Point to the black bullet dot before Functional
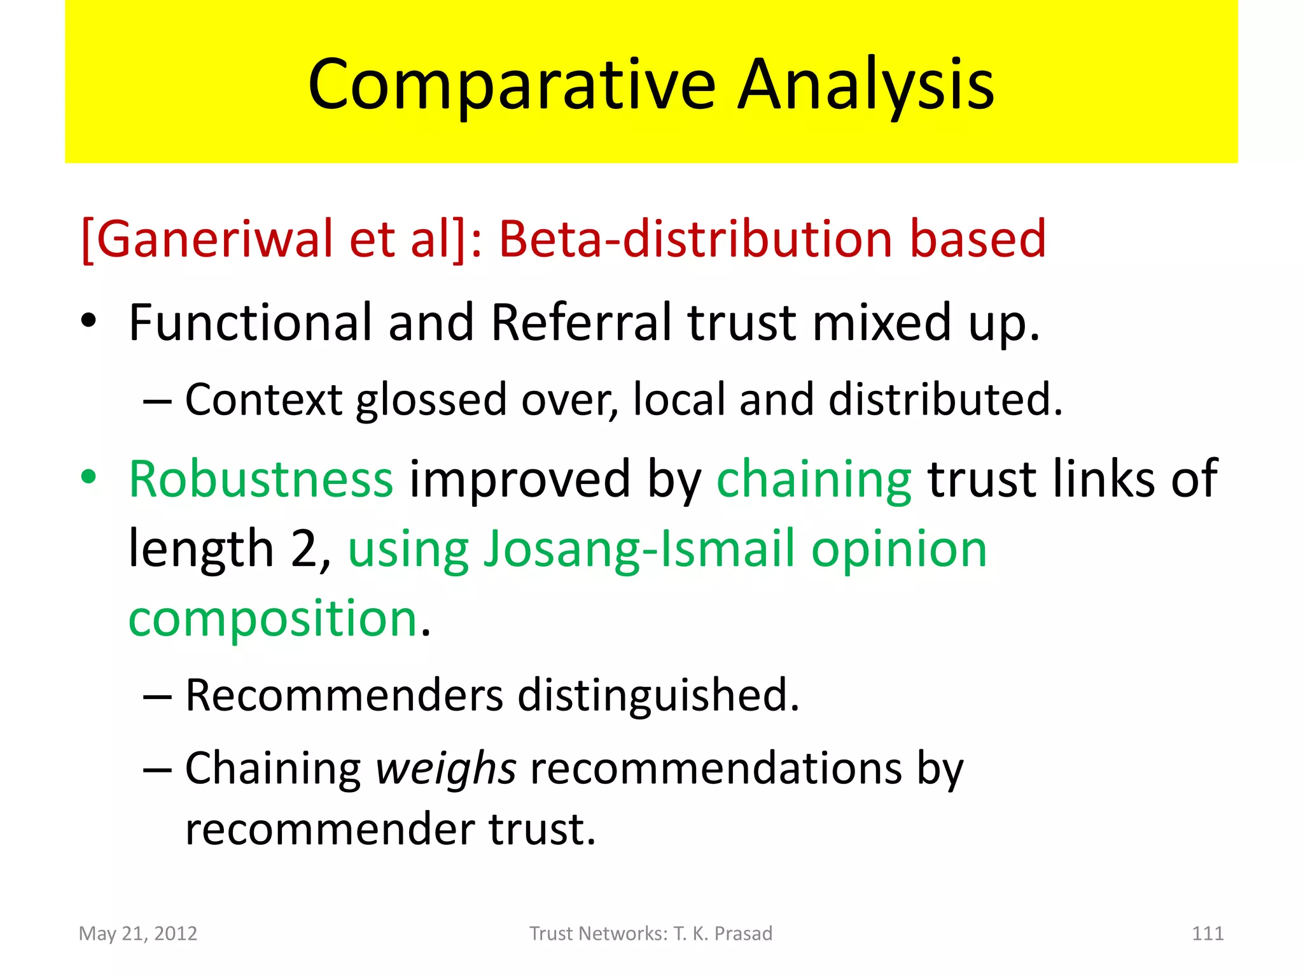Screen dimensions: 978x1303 point(88,321)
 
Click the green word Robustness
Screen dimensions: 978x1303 point(261,479)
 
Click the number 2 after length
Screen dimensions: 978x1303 point(304,549)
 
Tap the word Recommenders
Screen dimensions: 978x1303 point(344,695)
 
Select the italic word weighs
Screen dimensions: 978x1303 point(445,769)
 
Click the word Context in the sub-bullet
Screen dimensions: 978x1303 point(263,400)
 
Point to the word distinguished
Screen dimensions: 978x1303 point(658,696)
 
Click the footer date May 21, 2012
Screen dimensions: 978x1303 point(138,933)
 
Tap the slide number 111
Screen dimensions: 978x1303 point(1207,933)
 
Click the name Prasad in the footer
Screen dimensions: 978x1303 point(743,933)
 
